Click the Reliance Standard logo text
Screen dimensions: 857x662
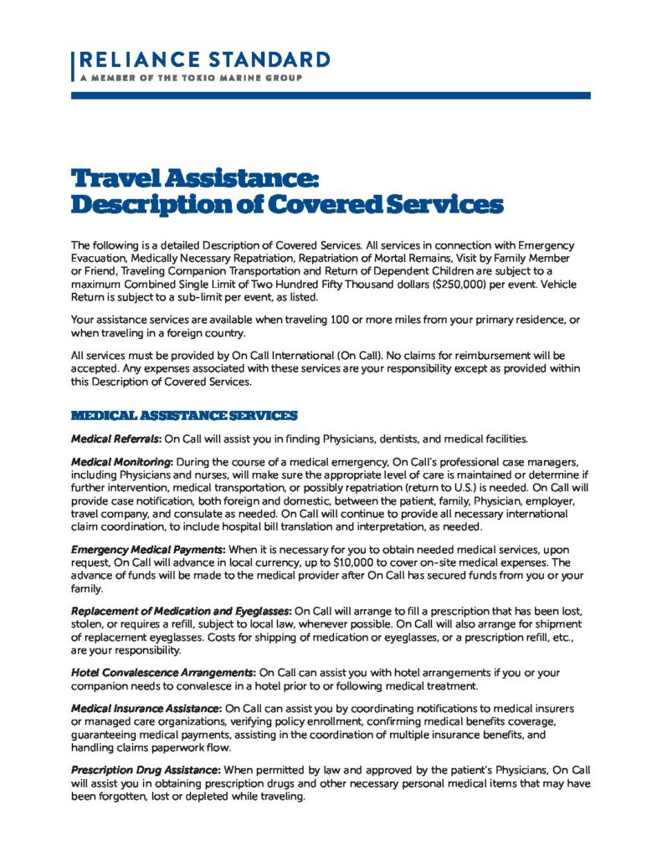(203, 60)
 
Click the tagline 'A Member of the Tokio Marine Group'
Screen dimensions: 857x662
(190, 77)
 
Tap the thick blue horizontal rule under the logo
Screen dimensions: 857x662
(331, 95)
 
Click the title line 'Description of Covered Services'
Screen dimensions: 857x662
(287, 203)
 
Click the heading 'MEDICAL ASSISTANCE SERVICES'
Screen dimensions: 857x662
(184, 415)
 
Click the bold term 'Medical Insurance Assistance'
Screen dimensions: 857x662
(146, 708)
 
